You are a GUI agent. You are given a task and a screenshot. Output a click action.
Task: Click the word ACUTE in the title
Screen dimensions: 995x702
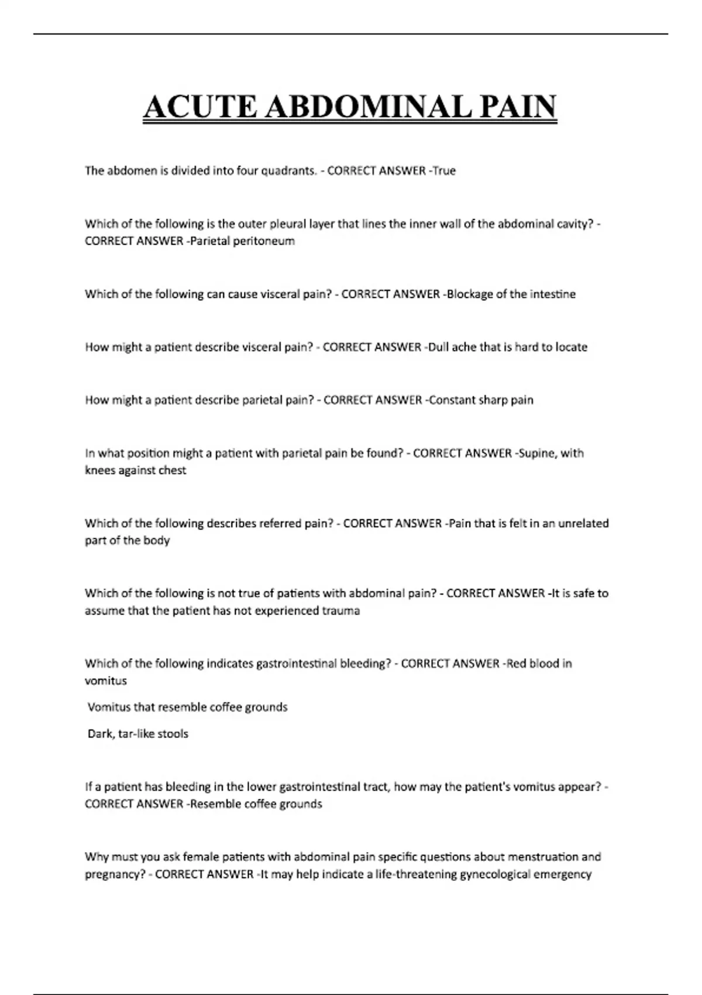tap(200, 108)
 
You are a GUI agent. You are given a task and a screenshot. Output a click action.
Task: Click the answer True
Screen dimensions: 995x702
tap(444, 171)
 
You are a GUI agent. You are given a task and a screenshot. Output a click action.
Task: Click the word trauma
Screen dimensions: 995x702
tap(341, 611)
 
